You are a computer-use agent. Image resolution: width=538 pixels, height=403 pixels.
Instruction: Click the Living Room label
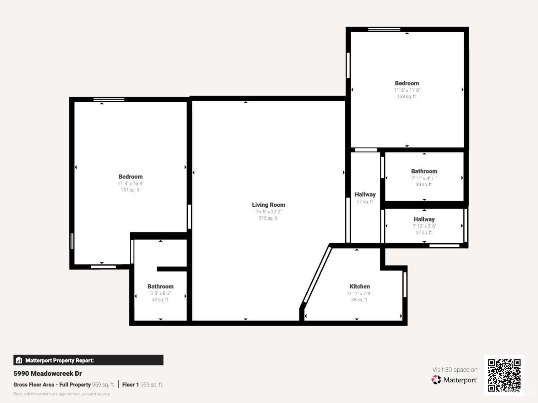[268, 205]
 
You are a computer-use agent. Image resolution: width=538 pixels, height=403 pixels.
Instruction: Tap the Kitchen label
[360, 286]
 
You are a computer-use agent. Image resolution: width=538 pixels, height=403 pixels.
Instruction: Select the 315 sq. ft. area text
[268, 218]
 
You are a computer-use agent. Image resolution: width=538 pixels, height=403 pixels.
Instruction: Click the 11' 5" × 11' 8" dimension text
[407, 90]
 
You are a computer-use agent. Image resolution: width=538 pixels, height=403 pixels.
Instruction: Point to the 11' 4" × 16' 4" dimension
[131, 183]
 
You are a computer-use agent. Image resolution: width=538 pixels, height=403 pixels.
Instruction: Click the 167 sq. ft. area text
[131, 190]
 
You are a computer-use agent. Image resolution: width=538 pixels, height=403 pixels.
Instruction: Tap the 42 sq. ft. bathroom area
[161, 299]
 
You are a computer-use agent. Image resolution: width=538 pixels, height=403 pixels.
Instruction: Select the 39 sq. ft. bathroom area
[424, 184]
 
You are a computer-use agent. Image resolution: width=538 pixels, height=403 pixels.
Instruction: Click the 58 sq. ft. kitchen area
[360, 299]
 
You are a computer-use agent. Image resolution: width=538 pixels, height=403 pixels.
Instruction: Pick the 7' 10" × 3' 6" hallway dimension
[424, 226]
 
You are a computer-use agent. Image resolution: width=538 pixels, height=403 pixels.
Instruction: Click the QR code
[504, 375]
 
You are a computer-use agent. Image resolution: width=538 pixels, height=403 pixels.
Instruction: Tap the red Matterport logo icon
[436, 380]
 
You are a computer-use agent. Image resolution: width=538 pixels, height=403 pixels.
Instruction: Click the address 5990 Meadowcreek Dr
[48, 373]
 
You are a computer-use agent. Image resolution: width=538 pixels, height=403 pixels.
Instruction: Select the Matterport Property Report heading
[60, 360]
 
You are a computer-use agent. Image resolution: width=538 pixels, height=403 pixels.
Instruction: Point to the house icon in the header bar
[19, 360]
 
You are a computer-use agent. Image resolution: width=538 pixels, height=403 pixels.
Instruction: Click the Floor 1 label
[131, 385]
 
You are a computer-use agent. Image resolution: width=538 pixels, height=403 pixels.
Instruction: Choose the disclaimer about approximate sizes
[62, 394]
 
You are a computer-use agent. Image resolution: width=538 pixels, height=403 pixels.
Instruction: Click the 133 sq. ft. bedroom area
[407, 96]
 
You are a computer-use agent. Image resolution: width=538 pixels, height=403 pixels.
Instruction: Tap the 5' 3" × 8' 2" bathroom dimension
[161, 293]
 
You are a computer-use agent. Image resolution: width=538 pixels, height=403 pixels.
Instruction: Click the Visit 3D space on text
[455, 370]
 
